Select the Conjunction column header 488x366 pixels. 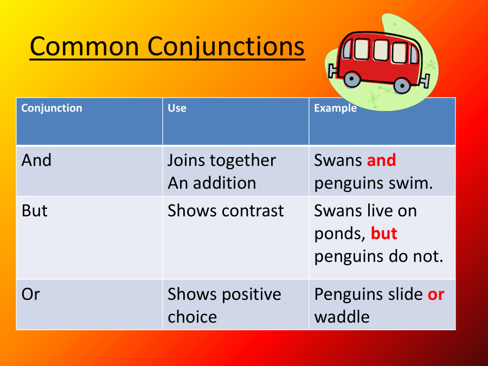(52, 108)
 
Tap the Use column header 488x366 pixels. (177, 108)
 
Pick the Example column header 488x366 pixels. (335, 108)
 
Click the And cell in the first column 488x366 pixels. (36, 160)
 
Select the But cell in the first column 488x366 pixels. (35, 210)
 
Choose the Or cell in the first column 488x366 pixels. (31, 294)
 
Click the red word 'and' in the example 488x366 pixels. (381, 160)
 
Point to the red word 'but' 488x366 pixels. (384, 234)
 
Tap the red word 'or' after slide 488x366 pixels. (436, 294)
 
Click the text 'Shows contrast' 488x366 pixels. (226, 210)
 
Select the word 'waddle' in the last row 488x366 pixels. (342, 317)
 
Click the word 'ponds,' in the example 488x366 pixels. (340, 234)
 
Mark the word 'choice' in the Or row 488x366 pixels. (192, 317)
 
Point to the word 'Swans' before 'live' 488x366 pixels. (338, 210)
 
